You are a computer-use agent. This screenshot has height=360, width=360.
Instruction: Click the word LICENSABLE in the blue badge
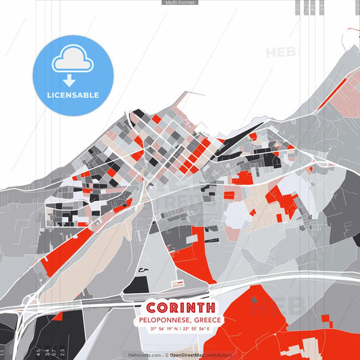click(73, 95)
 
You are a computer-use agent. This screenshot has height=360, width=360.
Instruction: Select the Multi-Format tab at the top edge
click(180, 3)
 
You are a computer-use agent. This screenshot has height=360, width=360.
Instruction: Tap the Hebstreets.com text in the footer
click(145, 355)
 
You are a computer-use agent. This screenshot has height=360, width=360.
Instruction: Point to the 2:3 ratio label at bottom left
click(63, 352)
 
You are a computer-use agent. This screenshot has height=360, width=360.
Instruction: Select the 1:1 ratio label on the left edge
click(3, 352)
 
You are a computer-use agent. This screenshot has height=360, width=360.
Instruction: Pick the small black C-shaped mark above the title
click(141, 270)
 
